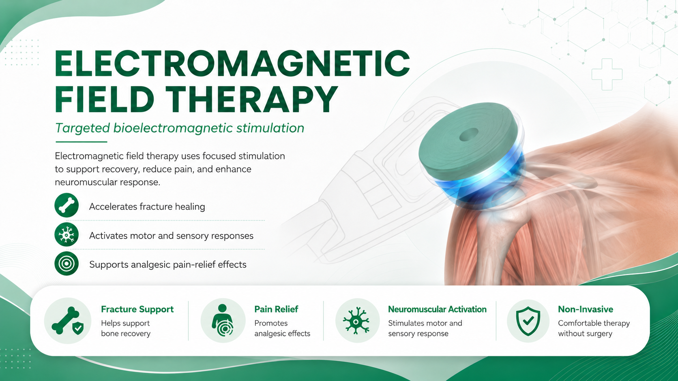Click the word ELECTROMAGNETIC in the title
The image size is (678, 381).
(x=232, y=64)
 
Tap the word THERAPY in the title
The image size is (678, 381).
(x=251, y=100)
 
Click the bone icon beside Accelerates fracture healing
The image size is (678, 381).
(x=67, y=205)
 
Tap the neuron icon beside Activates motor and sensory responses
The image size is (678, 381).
(x=67, y=234)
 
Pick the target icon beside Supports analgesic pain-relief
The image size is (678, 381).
(x=67, y=264)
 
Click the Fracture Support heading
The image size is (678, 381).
(x=137, y=309)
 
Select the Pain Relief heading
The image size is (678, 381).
(x=276, y=309)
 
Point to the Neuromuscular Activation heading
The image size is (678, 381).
(x=437, y=309)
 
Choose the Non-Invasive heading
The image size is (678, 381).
(x=586, y=309)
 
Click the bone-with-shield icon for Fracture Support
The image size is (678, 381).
(x=68, y=321)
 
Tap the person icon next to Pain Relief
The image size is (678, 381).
(x=223, y=320)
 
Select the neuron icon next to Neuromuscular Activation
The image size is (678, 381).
(x=356, y=321)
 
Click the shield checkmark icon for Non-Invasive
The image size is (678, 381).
(x=528, y=321)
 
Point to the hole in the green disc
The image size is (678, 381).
(x=469, y=134)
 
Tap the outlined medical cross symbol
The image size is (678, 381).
(x=607, y=74)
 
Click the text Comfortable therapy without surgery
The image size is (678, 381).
(x=594, y=328)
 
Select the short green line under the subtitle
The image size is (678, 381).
(x=82, y=141)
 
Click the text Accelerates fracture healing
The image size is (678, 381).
(x=147, y=206)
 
